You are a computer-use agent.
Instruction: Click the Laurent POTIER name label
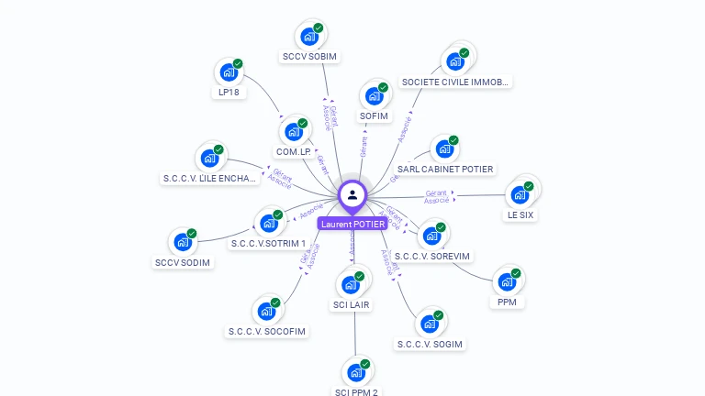352,224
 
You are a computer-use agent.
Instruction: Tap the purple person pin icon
352,194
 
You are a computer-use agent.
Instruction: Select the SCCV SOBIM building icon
309,38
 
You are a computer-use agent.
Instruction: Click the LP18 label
229,92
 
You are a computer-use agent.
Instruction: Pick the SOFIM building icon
374,96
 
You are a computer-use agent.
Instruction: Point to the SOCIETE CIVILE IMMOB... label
454,82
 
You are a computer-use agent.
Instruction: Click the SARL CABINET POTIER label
445,169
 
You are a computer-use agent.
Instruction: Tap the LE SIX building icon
520,194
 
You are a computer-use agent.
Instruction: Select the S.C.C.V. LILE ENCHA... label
209,178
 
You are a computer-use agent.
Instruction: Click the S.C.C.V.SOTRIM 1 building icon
269,223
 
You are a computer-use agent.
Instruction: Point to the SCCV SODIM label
183,263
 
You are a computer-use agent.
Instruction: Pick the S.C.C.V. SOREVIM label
431,256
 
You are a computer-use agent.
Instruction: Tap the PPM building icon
507,281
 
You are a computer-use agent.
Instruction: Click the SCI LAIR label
352,304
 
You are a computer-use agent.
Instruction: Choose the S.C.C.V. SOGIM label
430,344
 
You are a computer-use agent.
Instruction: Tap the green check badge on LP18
238,64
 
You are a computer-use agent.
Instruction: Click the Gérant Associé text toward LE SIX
437,197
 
